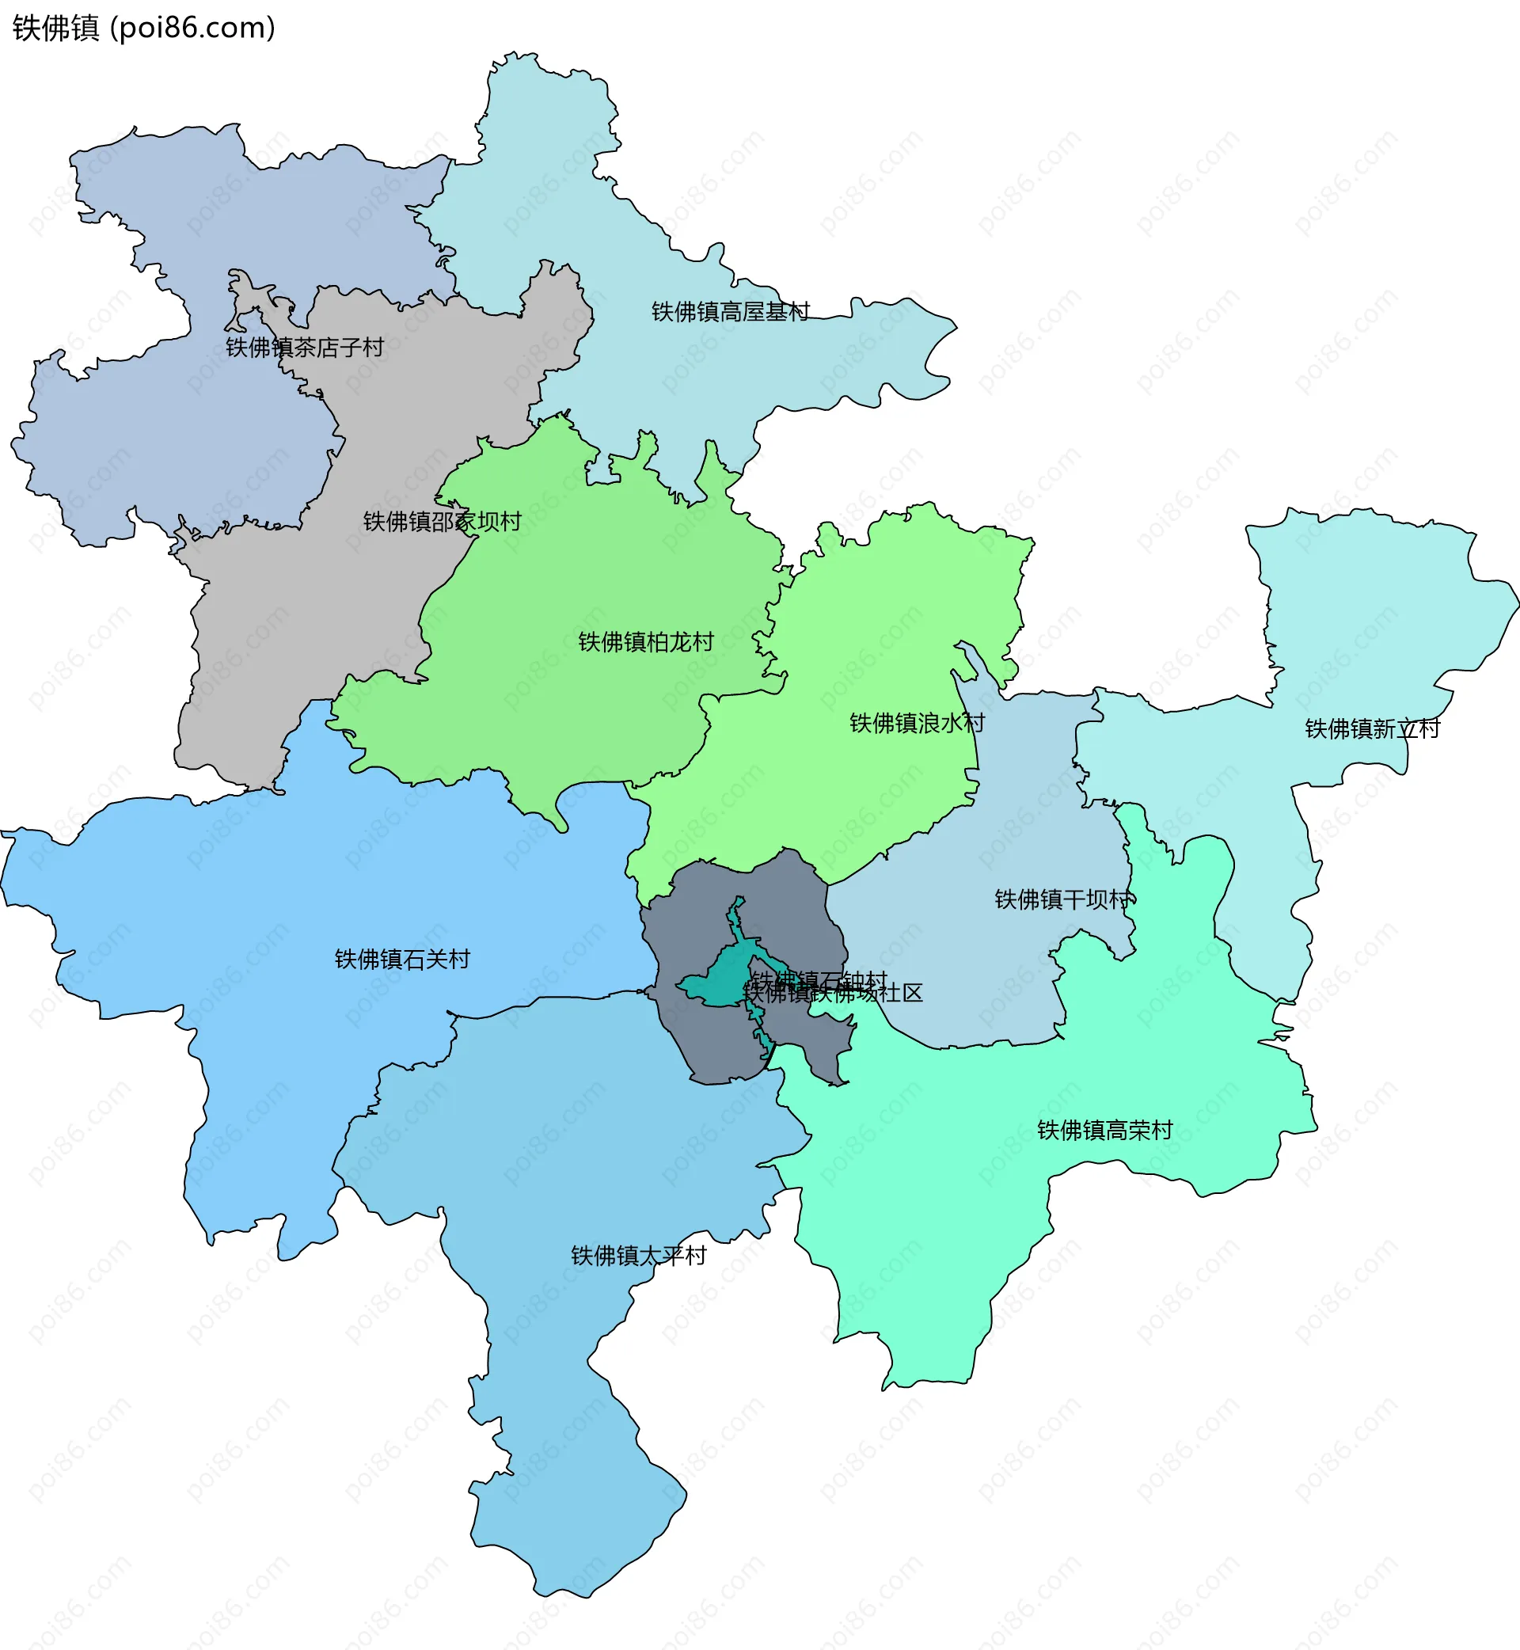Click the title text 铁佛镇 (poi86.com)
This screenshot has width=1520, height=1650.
click(144, 28)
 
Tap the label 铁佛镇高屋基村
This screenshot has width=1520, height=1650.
click(731, 312)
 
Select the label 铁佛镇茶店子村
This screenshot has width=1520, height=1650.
click(305, 347)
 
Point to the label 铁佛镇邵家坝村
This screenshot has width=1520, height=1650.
click(443, 522)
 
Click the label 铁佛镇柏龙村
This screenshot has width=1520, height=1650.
click(646, 642)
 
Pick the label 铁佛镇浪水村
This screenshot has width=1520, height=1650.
click(917, 723)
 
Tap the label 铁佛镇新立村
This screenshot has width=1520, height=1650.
click(1372, 728)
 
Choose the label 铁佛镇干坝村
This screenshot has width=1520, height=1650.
click(1062, 900)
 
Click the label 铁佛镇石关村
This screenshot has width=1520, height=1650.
click(402, 959)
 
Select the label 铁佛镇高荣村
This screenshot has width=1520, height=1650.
click(1104, 1130)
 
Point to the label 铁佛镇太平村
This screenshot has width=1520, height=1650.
click(639, 1256)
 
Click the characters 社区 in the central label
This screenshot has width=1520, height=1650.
click(902, 994)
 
